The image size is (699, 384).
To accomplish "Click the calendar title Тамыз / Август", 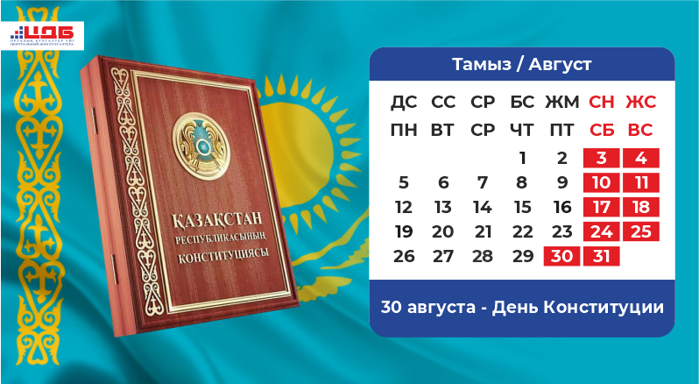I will [521, 64].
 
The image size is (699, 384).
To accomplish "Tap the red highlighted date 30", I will [561, 256].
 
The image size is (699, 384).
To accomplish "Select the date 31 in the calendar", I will [600, 256].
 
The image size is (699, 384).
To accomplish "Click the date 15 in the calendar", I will [522, 208].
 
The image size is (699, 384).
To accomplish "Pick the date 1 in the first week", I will [522, 159].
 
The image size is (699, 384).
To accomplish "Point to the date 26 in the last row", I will [404, 256].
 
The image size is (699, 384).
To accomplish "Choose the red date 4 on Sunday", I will [640, 159].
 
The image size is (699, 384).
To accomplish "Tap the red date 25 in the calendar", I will [640, 231].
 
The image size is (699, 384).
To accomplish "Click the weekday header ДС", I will [404, 103].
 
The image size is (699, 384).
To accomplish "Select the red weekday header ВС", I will [640, 130].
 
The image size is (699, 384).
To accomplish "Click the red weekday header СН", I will [601, 103].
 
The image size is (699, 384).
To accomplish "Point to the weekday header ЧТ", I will [522, 130].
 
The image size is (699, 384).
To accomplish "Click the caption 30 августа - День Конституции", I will [521, 308].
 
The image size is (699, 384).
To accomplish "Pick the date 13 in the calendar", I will [443, 208].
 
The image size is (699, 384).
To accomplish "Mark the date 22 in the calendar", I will [522, 231].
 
